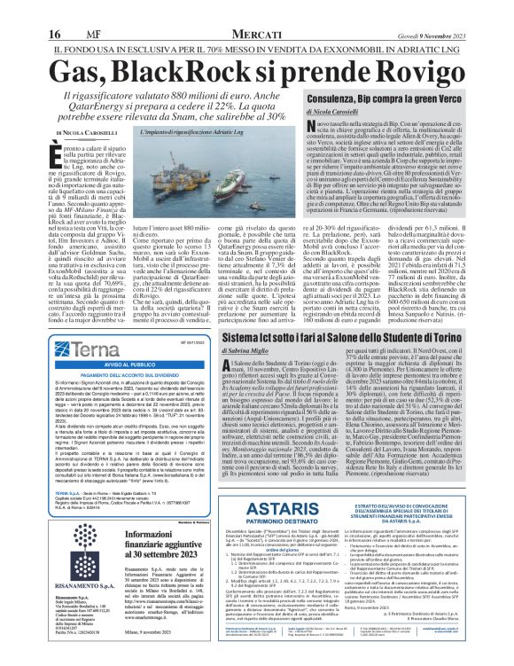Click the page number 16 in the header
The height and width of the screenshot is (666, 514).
pos(17,9)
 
